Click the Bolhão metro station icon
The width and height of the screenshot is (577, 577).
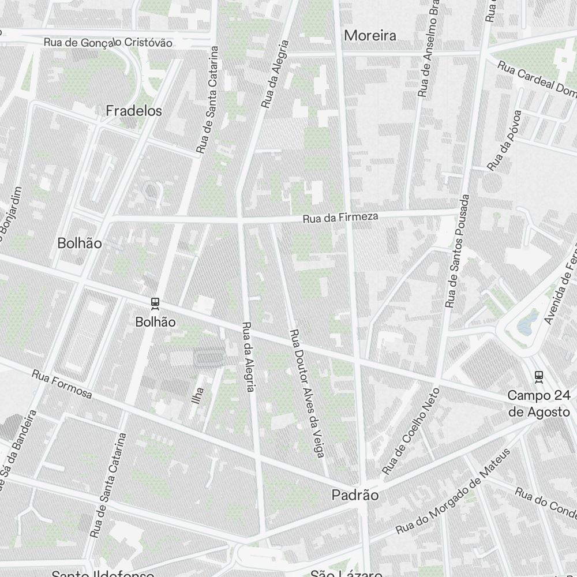pyautogui.click(x=155, y=302)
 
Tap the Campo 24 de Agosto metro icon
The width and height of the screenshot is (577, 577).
pyautogui.click(x=539, y=376)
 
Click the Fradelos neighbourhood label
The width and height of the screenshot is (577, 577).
pyautogui.click(x=134, y=111)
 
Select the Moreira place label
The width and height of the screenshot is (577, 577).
pyautogui.click(x=370, y=36)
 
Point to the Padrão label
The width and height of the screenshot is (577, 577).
pyautogui.click(x=355, y=495)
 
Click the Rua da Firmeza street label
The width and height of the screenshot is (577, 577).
pyautogui.click(x=340, y=218)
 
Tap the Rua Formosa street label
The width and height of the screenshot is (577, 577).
pyautogui.click(x=62, y=384)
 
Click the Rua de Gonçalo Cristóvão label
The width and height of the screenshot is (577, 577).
pyautogui.click(x=108, y=43)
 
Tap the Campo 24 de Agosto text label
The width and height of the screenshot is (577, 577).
pyautogui.click(x=538, y=403)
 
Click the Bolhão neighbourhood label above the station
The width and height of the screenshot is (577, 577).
pyautogui.click(x=80, y=243)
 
